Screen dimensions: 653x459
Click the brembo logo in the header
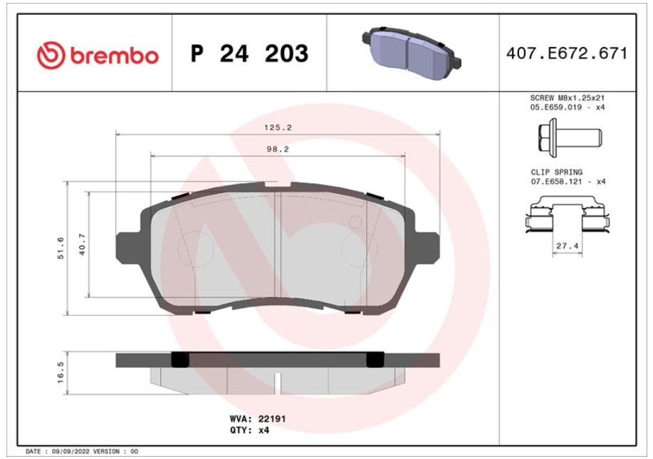pyautogui.click(x=98, y=55)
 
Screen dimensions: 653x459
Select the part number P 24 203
pyautogui.click(x=249, y=53)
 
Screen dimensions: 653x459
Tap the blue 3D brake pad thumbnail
pyautogui.click(x=412, y=53)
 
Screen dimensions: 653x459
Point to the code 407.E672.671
pyautogui.click(x=567, y=53)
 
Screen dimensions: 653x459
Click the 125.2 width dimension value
pyautogui.click(x=278, y=128)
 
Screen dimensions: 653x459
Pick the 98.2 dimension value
pyautogui.click(x=278, y=149)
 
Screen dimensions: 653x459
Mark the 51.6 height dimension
pyautogui.click(x=61, y=248)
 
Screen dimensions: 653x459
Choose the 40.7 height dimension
pyautogui.click(x=82, y=244)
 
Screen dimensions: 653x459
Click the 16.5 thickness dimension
pyautogui.click(x=61, y=372)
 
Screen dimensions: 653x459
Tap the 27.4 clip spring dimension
pyautogui.click(x=568, y=246)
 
